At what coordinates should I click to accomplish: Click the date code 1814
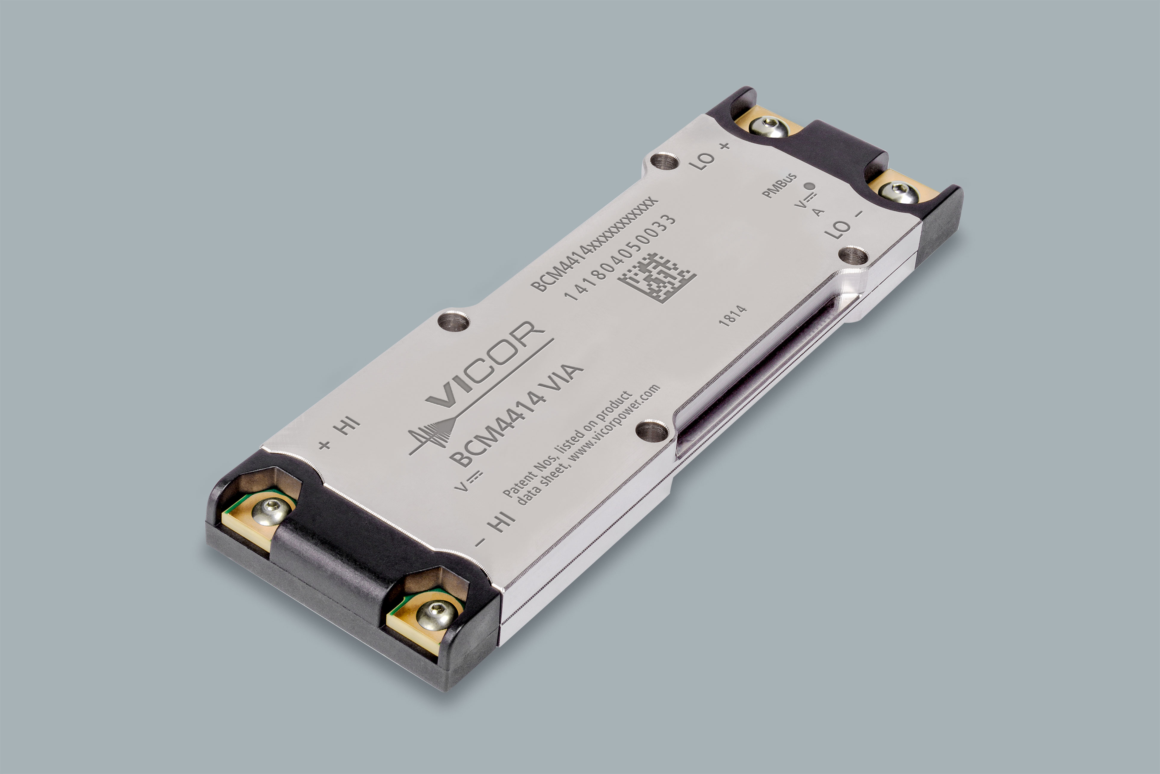[732, 316]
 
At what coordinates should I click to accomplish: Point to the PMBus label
[779, 186]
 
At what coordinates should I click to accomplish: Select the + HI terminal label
[340, 433]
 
